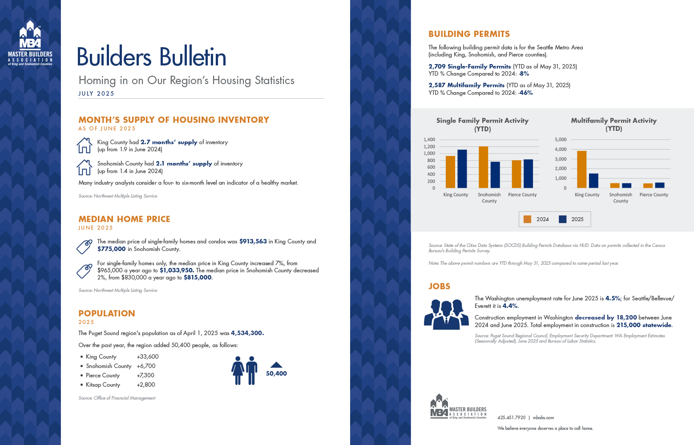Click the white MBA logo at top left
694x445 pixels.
tap(30, 43)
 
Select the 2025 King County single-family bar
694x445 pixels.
tap(462, 169)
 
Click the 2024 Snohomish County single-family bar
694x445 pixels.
tap(484, 167)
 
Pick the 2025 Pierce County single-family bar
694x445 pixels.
tap(528, 174)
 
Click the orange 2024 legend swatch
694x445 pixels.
tap(528, 219)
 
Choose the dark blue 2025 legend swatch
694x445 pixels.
tap(563, 219)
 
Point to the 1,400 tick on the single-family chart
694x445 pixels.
tap(429, 140)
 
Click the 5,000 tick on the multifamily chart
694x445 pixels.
tap(561, 140)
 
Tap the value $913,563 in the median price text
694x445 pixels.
tap(253, 242)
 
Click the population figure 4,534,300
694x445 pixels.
tap(247, 333)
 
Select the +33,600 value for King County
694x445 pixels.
tap(148, 357)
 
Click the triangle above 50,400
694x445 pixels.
tap(276, 364)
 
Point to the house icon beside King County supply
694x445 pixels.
tap(85, 145)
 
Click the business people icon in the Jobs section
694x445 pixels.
tap(446, 314)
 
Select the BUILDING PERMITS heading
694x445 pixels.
tap(469, 34)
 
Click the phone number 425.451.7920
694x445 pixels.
tap(512, 418)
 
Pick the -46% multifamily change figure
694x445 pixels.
tap(526, 93)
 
